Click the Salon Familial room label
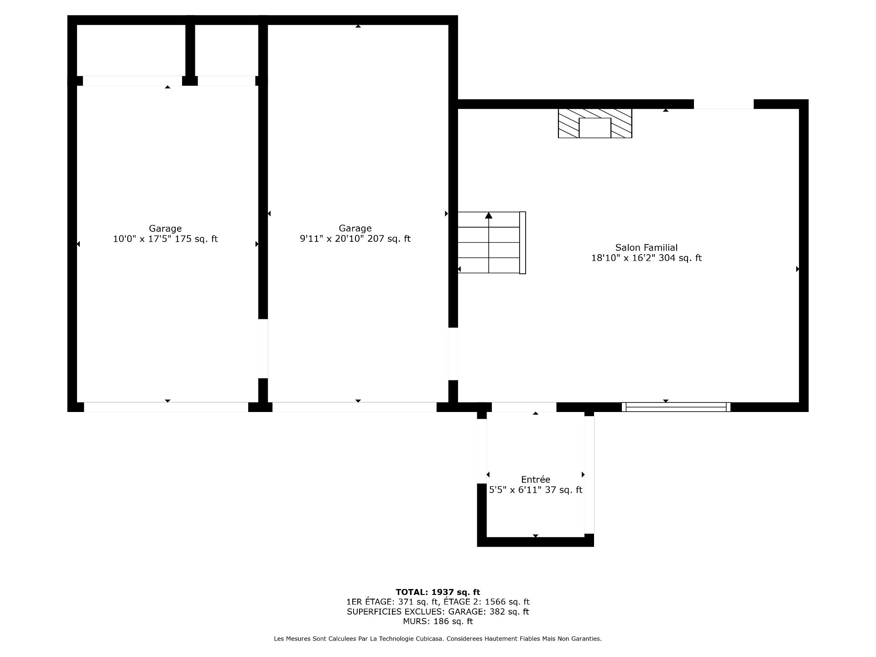coord(646,248)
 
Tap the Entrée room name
coord(536,480)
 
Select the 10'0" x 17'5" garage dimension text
coord(165,239)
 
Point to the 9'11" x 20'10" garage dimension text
coord(355,239)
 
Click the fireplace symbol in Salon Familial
coord(595,123)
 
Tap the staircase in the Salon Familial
coord(492,243)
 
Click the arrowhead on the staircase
coord(489,215)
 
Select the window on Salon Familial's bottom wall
coord(676,407)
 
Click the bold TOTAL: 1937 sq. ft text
coord(438,592)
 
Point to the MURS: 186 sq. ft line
coord(438,621)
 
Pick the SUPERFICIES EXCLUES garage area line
coord(438,612)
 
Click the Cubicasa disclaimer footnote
coord(438,639)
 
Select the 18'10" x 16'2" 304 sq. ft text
coord(646,258)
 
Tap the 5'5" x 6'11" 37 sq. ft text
coord(536,490)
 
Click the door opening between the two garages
coord(263,349)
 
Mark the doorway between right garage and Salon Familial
coord(453,354)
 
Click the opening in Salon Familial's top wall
coord(724,104)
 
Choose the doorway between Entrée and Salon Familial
coord(524,407)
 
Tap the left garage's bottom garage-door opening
coord(166,407)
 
